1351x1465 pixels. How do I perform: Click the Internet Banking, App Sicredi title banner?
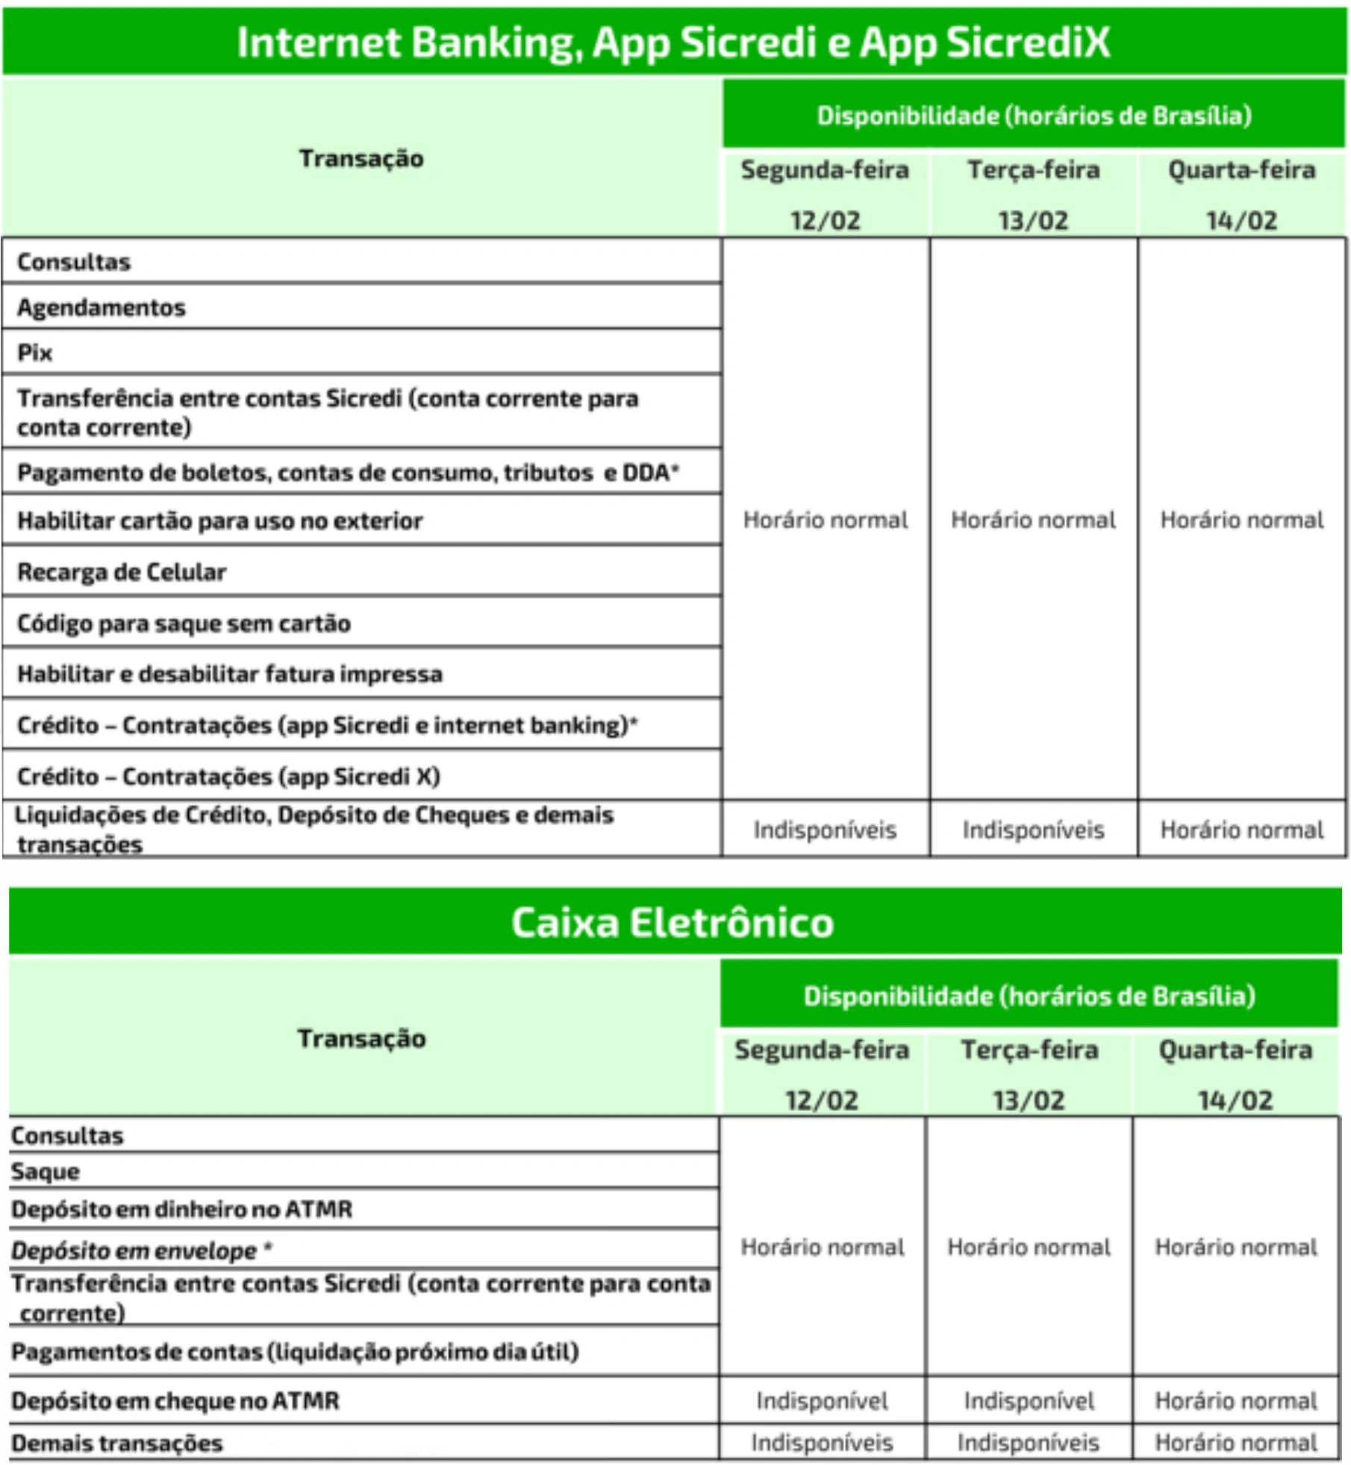tap(673, 42)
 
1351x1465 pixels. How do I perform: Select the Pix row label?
tap(35, 352)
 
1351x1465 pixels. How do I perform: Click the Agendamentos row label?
tap(102, 307)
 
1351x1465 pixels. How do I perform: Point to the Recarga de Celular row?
tap(122, 572)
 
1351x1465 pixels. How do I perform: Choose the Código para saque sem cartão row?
tap(184, 623)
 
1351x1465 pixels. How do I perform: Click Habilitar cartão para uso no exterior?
tap(220, 520)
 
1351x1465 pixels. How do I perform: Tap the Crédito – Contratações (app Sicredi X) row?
tap(228, 777)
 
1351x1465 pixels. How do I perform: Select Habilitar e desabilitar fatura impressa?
tap(230, 674)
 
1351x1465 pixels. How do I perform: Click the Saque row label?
tap(45, 1172)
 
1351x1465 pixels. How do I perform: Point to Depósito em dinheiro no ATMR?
tap(181, 1209)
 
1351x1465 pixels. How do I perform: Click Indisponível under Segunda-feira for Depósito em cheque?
tap(822, 1401)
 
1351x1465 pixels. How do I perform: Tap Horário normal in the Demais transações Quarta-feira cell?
tap(1236, 1443)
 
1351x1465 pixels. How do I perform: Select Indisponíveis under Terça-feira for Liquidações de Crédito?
tap(1033, 830)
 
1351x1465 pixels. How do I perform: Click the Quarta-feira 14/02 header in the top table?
tap(1241, 194)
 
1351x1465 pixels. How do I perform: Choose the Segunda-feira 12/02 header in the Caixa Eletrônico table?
tap(822, 1074)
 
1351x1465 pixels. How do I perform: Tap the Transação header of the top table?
tap(361, 158)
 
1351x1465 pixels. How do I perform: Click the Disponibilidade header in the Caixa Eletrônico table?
tap(1029, 996)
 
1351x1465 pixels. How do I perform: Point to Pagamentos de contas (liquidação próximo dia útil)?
tap(295, 1352)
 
